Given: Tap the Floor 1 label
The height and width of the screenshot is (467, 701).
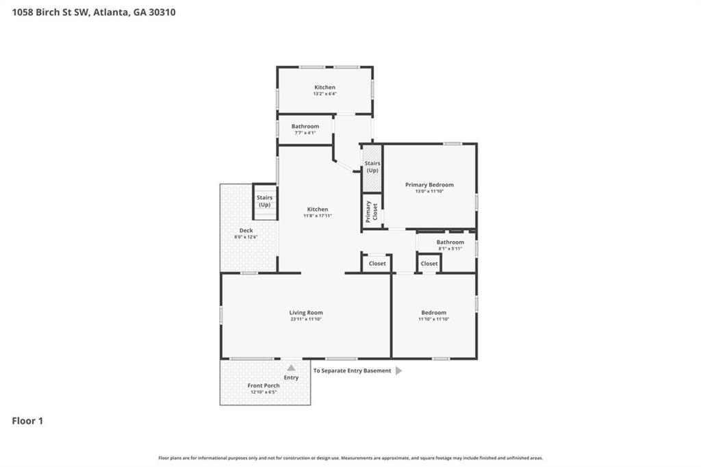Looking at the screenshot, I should pos(27,421).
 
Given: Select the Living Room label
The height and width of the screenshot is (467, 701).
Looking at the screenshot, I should pos(306,312).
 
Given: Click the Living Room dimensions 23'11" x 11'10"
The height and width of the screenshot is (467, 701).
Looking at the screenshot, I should pos(306,319).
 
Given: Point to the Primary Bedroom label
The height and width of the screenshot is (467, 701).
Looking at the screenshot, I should pos(429,185).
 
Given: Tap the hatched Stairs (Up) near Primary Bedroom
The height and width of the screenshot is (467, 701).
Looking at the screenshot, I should pos(372,166).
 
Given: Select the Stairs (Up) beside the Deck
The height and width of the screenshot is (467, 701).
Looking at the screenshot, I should pos(264,201).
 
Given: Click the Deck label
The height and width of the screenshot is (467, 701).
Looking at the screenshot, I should pos(246,231).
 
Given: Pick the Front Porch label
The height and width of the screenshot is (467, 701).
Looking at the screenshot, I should pos(264,386).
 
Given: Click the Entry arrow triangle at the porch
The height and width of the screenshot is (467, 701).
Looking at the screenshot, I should pos(291,368).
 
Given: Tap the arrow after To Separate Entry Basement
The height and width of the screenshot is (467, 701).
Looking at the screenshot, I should pos(399,370).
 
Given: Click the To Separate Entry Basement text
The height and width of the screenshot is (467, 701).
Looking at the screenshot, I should pos(352,370).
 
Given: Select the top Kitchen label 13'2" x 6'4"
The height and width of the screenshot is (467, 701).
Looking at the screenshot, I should pos(325,88).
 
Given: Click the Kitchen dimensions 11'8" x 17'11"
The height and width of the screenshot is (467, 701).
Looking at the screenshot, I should pos(318,216).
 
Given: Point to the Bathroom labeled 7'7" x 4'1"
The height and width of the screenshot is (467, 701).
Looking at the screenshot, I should pos(305,127).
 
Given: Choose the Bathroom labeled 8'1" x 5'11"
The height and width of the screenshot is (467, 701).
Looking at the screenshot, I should pos(450,242).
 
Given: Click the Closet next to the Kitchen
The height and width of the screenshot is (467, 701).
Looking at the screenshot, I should pos(377,263).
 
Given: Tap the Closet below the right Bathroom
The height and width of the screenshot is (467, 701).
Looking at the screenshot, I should pos(429,264).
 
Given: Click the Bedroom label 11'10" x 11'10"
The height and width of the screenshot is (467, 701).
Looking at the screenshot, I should pos(433,312).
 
